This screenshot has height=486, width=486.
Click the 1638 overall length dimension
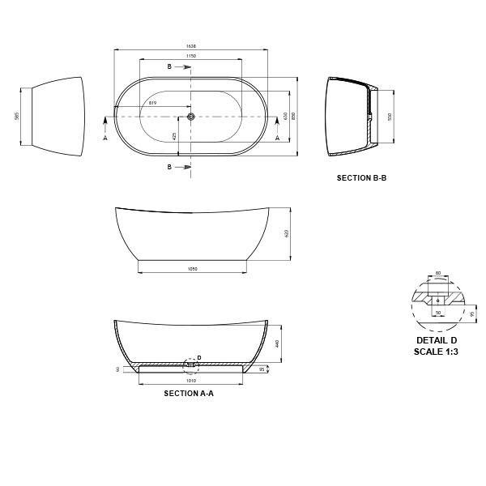[191, 47]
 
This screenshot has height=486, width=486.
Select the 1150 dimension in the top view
[191, 57]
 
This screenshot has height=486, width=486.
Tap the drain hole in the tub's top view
[191, 117]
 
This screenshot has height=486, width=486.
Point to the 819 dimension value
[153, 103]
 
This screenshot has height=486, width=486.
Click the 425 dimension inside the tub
[173, 135]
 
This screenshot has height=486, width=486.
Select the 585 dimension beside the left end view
[17, 116]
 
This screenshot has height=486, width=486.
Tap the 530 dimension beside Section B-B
[390, 116]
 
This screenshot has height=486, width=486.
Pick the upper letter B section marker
[169, 66]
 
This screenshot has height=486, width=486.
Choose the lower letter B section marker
[169, 167]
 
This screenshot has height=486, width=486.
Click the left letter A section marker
[105, 139]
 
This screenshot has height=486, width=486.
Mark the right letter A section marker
[278, 139]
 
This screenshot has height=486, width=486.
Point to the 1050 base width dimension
[192, 268]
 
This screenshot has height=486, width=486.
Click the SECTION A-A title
[189, 394]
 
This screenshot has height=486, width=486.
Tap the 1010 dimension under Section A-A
[191, 380]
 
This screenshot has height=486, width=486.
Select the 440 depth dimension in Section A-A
[277, 343]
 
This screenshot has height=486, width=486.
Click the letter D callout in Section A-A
[199, 357]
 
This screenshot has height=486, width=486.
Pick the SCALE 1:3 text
[437, 351]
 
